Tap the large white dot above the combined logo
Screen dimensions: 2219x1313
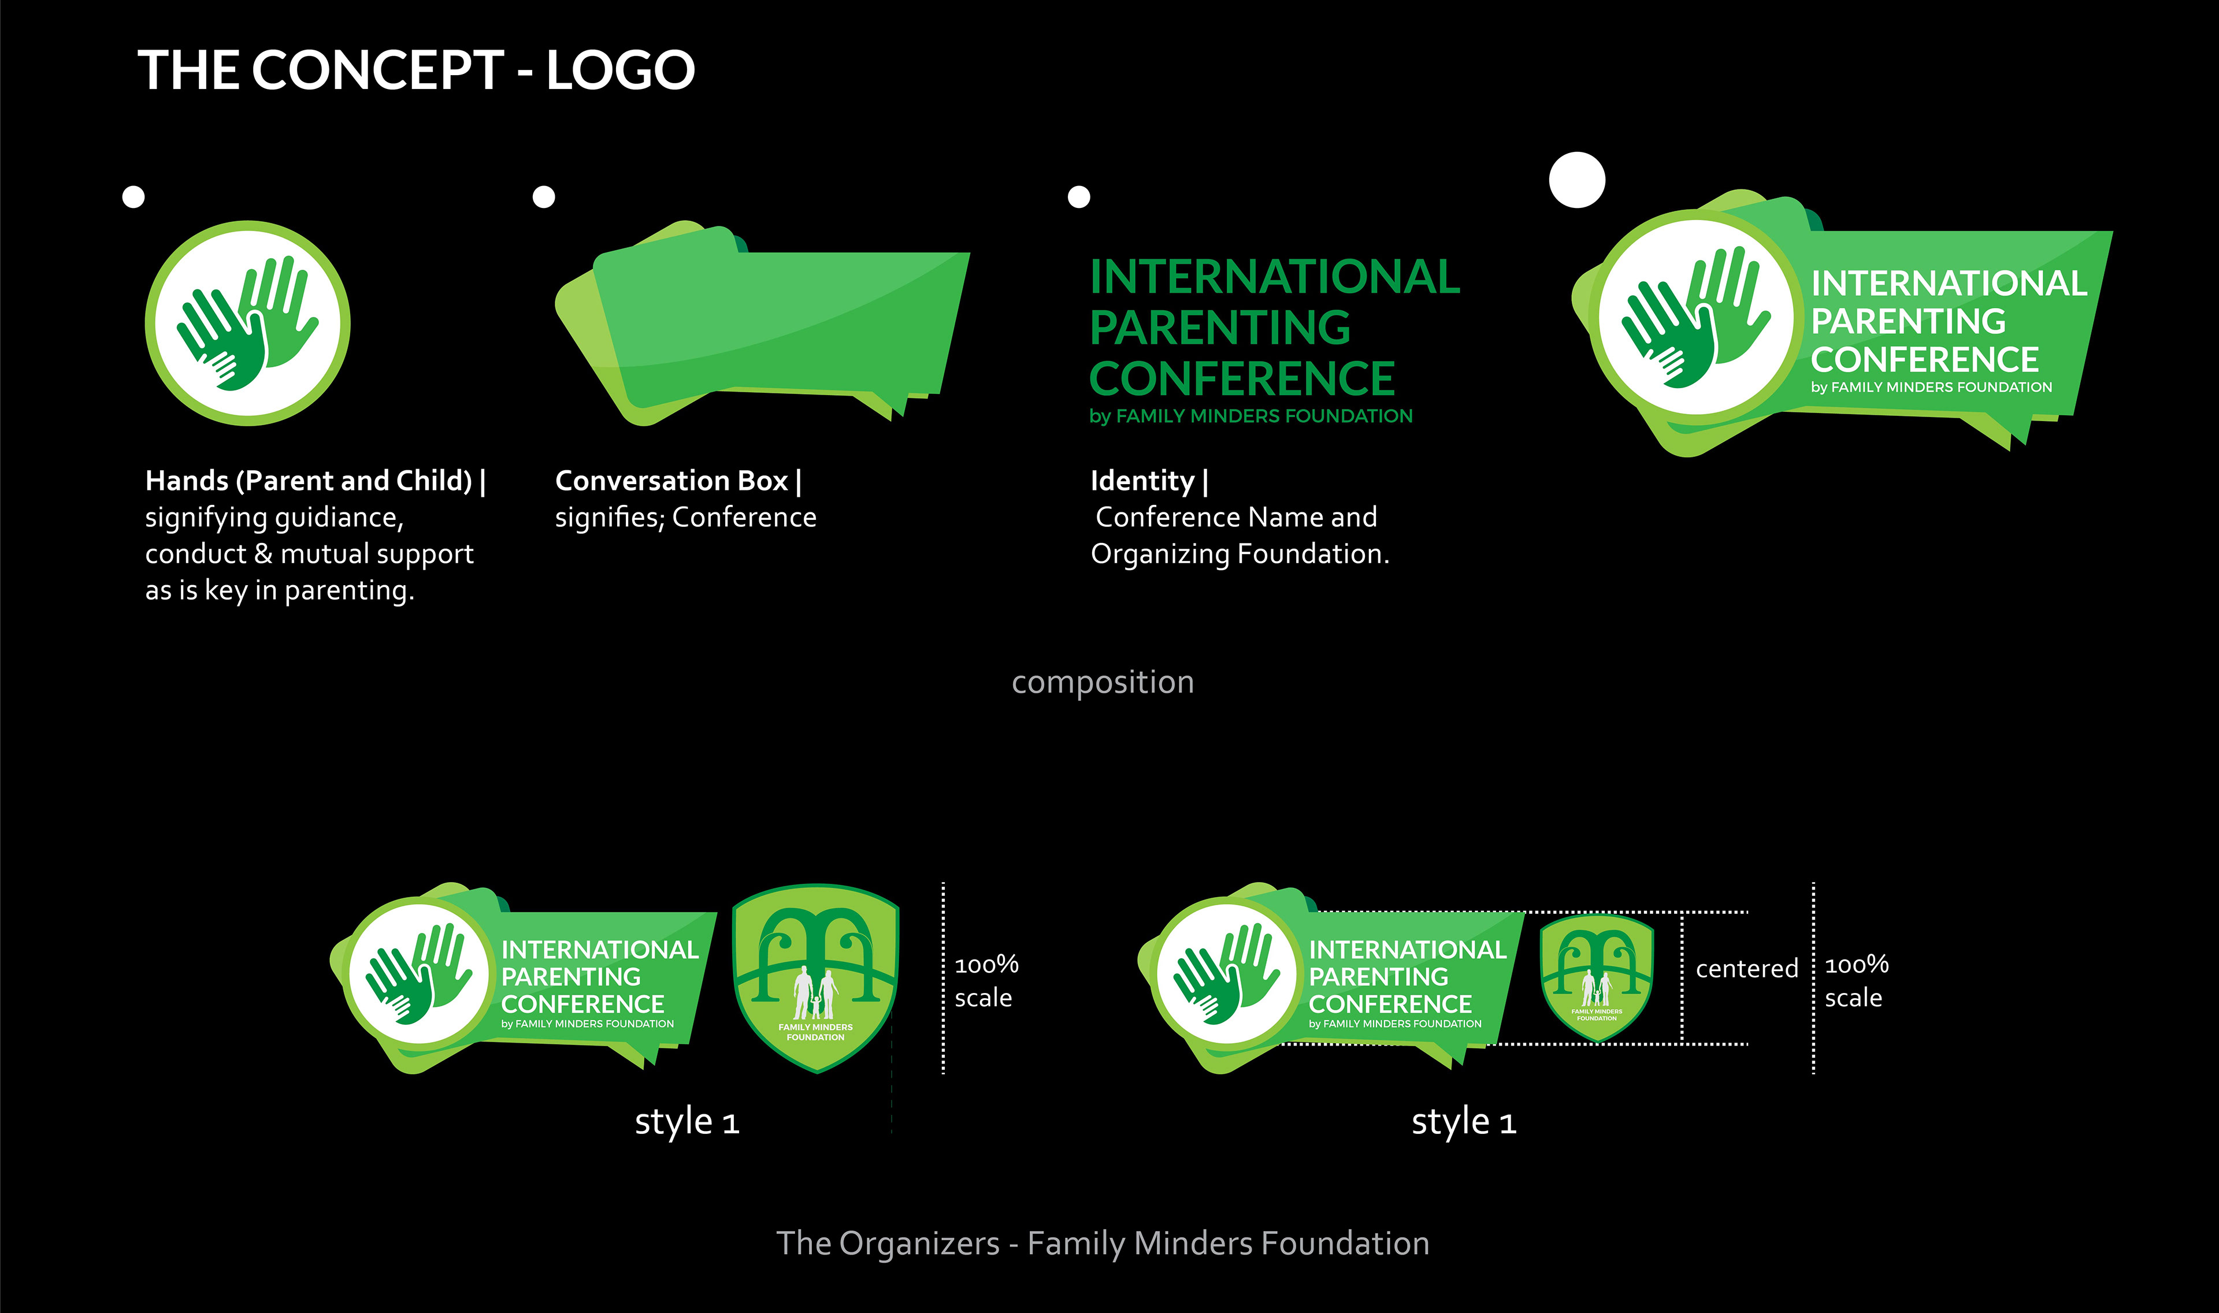(x=1576, y=180)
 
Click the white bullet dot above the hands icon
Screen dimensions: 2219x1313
(x=133, y=196)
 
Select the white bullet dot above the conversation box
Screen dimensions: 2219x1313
(x=543, y=196)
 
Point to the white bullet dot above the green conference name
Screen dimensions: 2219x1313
(x=1078, y=196)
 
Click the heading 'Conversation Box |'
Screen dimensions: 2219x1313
(x=678, y=481)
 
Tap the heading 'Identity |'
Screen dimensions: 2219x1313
(x=1149, y=481)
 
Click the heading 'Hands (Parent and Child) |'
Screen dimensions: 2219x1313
(x=315, y=481)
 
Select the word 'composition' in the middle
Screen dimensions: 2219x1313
(x=1102, y=682)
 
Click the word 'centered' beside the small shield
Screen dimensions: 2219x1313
(x=1746, y=969)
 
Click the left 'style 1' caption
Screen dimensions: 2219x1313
(x=686, y=1122)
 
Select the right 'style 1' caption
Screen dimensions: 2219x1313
(x=1463, y=1122)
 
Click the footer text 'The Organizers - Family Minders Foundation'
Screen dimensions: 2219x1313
(x=1102, y=1243)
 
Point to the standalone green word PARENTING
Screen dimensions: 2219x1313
(x=1220, y=328)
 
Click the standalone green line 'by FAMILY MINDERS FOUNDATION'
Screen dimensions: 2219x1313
(x=1250, y=416)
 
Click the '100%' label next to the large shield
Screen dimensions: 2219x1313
(x=986, y=965)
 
